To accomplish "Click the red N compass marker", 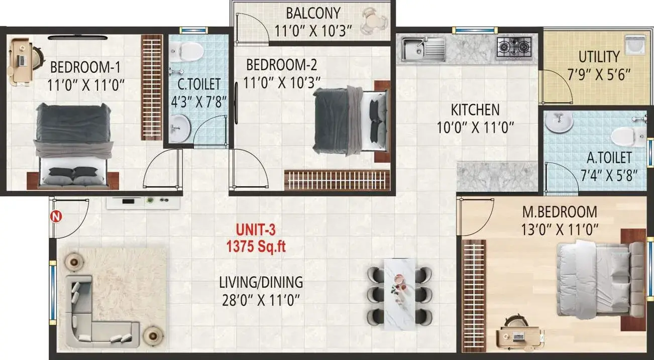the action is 56,217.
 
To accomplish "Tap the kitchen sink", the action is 423,49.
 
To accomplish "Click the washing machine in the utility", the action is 634,46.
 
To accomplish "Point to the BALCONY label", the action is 313,13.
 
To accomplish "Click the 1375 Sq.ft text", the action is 256,247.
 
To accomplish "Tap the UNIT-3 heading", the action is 256,230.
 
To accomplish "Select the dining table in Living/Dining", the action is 399,294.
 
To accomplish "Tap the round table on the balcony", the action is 375,21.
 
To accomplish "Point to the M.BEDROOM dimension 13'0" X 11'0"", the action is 560,229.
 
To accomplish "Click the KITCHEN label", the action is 475,110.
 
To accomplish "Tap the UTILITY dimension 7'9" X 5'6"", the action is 599,74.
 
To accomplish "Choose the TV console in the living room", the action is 143,203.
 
